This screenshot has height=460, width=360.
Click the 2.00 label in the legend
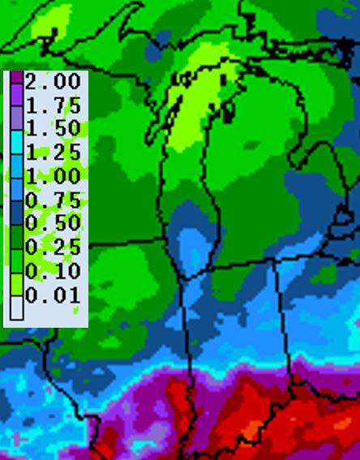click(54, 82)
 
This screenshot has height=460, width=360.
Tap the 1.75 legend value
click(54, 105)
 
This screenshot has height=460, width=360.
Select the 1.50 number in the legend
click(54, 129)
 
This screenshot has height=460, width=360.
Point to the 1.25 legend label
click(54, 153)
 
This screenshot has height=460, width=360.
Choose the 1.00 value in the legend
click(54, 176)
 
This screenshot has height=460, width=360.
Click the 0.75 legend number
click(54, 200)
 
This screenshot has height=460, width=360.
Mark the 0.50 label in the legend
click(54, 224)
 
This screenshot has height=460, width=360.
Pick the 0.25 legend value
click(54, 247)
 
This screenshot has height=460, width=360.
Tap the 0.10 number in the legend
click(54, 271)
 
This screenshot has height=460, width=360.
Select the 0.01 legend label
click(54, 294)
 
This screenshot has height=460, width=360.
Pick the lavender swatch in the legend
click(16, 118)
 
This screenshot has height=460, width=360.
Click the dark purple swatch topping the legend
click(16, 77)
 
